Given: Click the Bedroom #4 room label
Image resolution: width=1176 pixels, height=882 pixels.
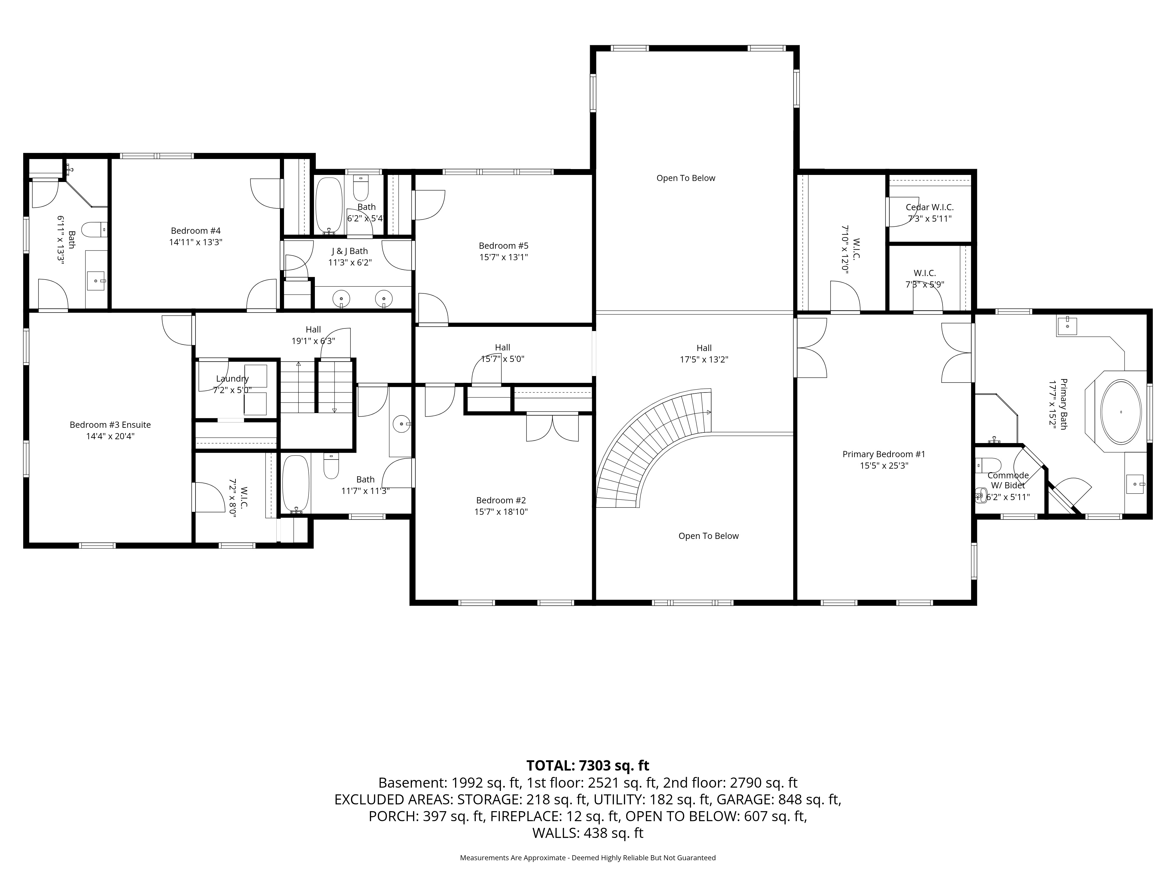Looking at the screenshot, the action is click(x=196, y=231).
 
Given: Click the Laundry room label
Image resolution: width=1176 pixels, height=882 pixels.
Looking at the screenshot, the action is click(x=232, y=379).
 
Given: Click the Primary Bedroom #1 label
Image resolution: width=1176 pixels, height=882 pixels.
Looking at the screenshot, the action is click(x=883, y=454).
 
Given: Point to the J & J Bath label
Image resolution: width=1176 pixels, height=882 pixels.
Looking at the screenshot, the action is click(x=349, y=251).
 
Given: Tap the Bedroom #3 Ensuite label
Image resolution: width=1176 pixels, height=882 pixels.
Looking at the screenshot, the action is click(x=110, y=425).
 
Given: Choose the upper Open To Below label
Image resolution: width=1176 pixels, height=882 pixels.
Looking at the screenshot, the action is click(x=686, y=178).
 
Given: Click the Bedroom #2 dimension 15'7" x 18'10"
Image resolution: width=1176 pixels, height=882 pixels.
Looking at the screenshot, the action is click(x=501, y=512).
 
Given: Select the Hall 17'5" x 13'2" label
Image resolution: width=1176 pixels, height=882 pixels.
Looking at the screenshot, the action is click(x=704, y=354).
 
